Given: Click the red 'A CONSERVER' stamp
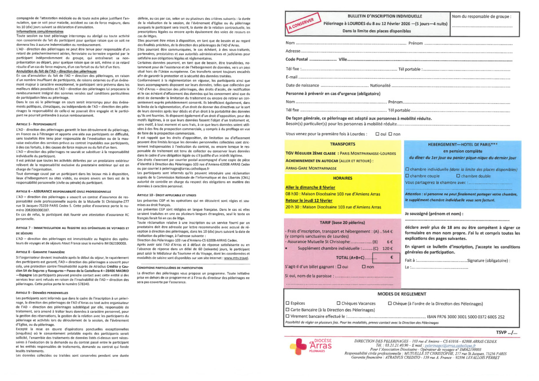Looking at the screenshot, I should pos(300,23).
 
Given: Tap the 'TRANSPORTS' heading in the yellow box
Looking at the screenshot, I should pos(343,144).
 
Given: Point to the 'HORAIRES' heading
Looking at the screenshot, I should pos(343,178).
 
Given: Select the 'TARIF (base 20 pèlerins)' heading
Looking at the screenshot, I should pos(343,222).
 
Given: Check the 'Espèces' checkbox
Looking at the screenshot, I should pos(288,303).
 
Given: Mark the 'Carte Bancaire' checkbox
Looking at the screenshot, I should pos(288,310).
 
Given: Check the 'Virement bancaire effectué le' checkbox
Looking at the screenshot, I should pos(288,316).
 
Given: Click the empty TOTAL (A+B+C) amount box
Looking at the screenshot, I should pos(386,258).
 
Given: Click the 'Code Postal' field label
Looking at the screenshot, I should pos(297,59).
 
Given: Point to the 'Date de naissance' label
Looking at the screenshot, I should pos(303,85).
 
